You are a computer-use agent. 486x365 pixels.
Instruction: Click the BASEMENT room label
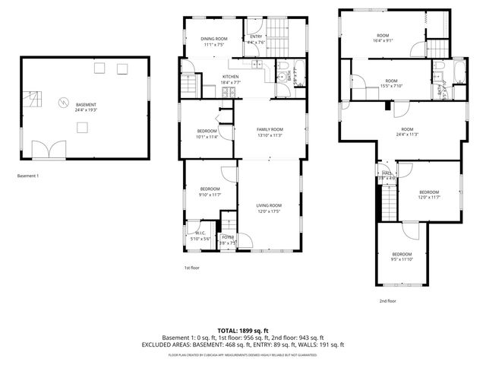click(x=86, y=106)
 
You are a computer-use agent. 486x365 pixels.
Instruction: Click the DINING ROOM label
click(x=213, y=41)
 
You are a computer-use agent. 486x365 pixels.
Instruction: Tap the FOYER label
click(x=228, y=240)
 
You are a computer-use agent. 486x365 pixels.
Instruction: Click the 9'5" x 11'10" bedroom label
click(x=402, y=256)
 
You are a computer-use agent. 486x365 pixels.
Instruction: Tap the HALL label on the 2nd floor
click(x=387, y=175)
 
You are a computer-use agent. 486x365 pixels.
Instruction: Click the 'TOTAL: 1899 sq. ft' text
click(x=242, y=331)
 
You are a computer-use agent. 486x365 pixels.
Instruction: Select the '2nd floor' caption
click(x=388, y=300)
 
